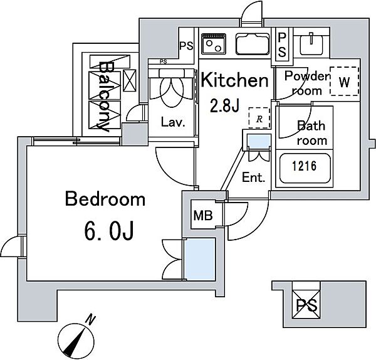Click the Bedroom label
[105, 199]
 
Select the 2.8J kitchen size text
[224, 106]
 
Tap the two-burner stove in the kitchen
[214, 44]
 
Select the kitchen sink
[253, 44]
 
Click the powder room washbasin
[311, 44]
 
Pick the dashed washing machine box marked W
[344, 82]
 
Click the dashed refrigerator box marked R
[259, 118]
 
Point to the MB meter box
[203, 215]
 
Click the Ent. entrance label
[253, 177]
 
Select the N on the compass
[91, 320]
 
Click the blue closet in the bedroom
[200, 259]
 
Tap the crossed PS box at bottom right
[306, 304]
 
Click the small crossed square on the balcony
[130, 80]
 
